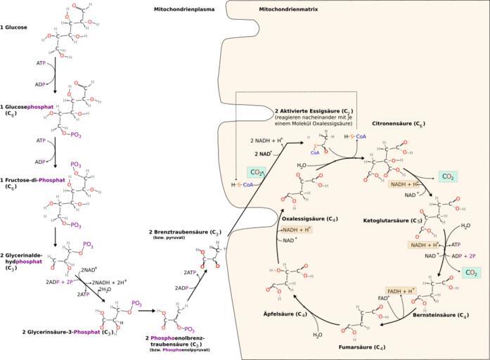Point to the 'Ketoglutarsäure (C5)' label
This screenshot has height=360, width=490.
[x=392, y=221]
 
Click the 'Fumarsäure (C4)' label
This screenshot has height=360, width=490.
[x=362, y=347]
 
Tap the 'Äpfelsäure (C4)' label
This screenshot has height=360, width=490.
[x=285, y=313]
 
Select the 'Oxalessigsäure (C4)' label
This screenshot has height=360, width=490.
[x=306, y=219]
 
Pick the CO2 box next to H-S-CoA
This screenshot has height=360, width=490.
[x=255, y=172]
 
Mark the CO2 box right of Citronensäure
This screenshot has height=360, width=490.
[x=446, y=176]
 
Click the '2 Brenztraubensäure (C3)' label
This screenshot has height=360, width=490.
[x=184, y=231]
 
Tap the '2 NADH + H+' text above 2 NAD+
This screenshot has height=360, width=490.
[x=266, y=141]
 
